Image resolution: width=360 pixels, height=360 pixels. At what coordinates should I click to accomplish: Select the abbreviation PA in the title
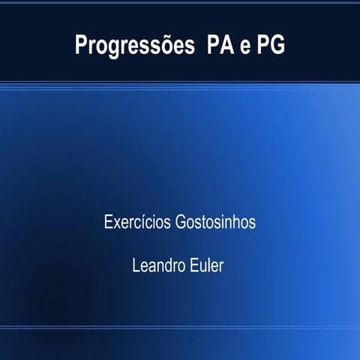211,45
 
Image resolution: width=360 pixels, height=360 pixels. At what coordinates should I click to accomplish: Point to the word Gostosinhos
216,224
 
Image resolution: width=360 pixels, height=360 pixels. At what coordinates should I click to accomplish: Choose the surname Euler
206,265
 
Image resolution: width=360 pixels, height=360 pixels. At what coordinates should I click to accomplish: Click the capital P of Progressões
81,45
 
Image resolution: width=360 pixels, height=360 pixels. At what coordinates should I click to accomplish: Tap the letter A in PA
219,45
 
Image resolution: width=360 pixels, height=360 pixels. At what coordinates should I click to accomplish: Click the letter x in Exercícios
116,224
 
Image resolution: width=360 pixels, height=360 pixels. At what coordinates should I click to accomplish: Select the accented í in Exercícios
147,223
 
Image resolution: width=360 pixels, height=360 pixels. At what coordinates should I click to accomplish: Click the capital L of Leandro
135,265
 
